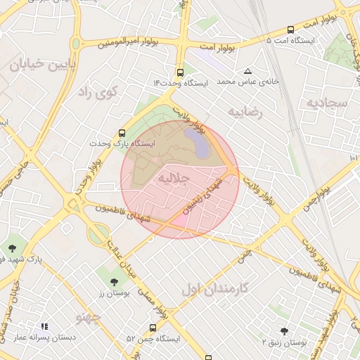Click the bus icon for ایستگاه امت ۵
(x=290, y=30)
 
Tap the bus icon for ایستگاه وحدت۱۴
(x=181, y=72)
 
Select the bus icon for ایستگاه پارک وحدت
(x=122, y=132)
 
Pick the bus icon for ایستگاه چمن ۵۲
(x=153, y=328)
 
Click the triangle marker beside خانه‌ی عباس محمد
(x=247, y=71)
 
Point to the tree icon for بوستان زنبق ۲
(x=284, y=330)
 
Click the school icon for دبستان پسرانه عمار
(x=44, y=327)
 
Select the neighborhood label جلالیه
(x=174, y=179)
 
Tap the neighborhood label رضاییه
(x=245, y=111)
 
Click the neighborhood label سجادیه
(x=327, y=103)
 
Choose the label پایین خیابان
(x=37, y=65)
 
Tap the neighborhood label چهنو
(x=89, y=318)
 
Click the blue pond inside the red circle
(x=200, y=147)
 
